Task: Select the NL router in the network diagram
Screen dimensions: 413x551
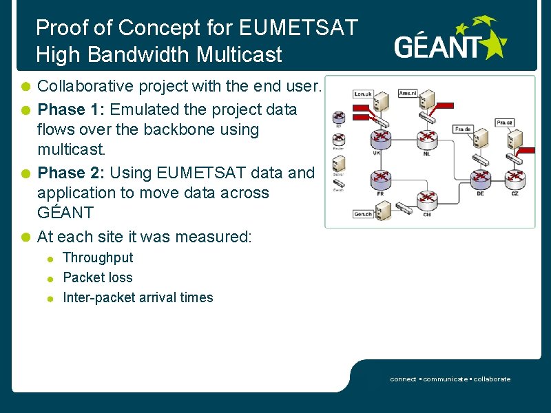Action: click(x=428, y=138)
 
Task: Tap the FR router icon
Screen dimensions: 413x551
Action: click(x=381, y=181)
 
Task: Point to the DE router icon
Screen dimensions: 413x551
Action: click(x=480, y=181)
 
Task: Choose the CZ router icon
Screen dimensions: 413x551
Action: click(x=514, y=181)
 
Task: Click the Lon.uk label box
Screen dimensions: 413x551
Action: click(x=363, y=94)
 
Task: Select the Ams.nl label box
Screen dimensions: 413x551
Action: click(x=408, y=93)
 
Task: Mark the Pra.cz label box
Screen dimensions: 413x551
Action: click(x=505, y=123)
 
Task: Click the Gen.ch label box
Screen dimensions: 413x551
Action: click(x=363, y=214)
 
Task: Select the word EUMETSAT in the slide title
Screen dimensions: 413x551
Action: click(x=298, y=28)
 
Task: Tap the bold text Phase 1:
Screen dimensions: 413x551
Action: click(x=71, y=109)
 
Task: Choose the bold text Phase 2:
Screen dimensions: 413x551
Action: click(x=71, y=172)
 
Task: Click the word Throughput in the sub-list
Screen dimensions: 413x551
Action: click(x=98, y=257)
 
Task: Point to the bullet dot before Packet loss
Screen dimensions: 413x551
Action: click(x=50, y=279)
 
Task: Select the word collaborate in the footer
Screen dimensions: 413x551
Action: click(x=491, y=379)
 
